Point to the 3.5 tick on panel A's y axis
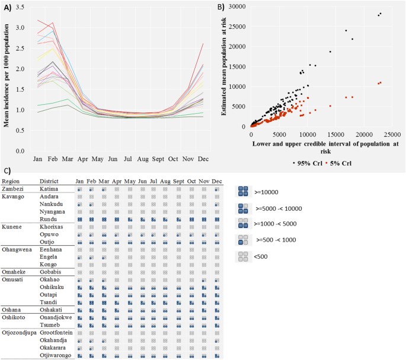click(20, 7)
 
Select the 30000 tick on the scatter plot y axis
click(235, 7)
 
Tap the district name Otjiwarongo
click(55, 356)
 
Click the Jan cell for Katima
click(79, 188)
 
